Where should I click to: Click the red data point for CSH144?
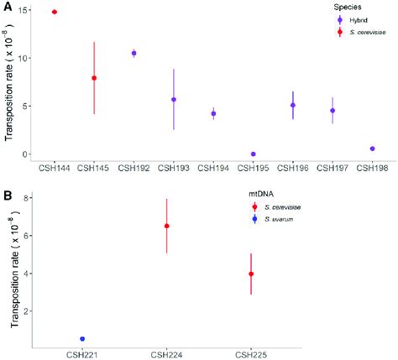point(55,12)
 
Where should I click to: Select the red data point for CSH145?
point(94,78)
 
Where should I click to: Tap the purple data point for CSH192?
point(134,53)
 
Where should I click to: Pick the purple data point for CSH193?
point(174,100)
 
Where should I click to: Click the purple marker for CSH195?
point(253,154)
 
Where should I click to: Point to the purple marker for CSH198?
point(372,149)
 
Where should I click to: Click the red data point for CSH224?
point(167,226)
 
